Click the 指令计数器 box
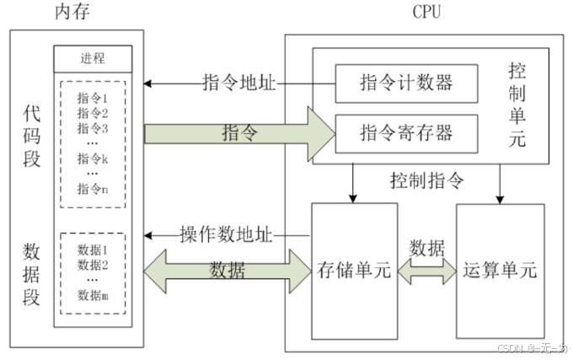[x=405, y=83]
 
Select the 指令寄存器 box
[x=405, y=132]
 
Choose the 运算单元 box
[x=499, y=271]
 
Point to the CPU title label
[x=426, y=12]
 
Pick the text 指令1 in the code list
[x=93, y=99]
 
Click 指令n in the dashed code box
[x=93, y=189]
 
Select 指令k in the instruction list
[x=93, y=158]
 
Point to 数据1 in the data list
[x=93, y=250]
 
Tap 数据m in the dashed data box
[x=93, y=294]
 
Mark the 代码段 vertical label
[x=32, y=135]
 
